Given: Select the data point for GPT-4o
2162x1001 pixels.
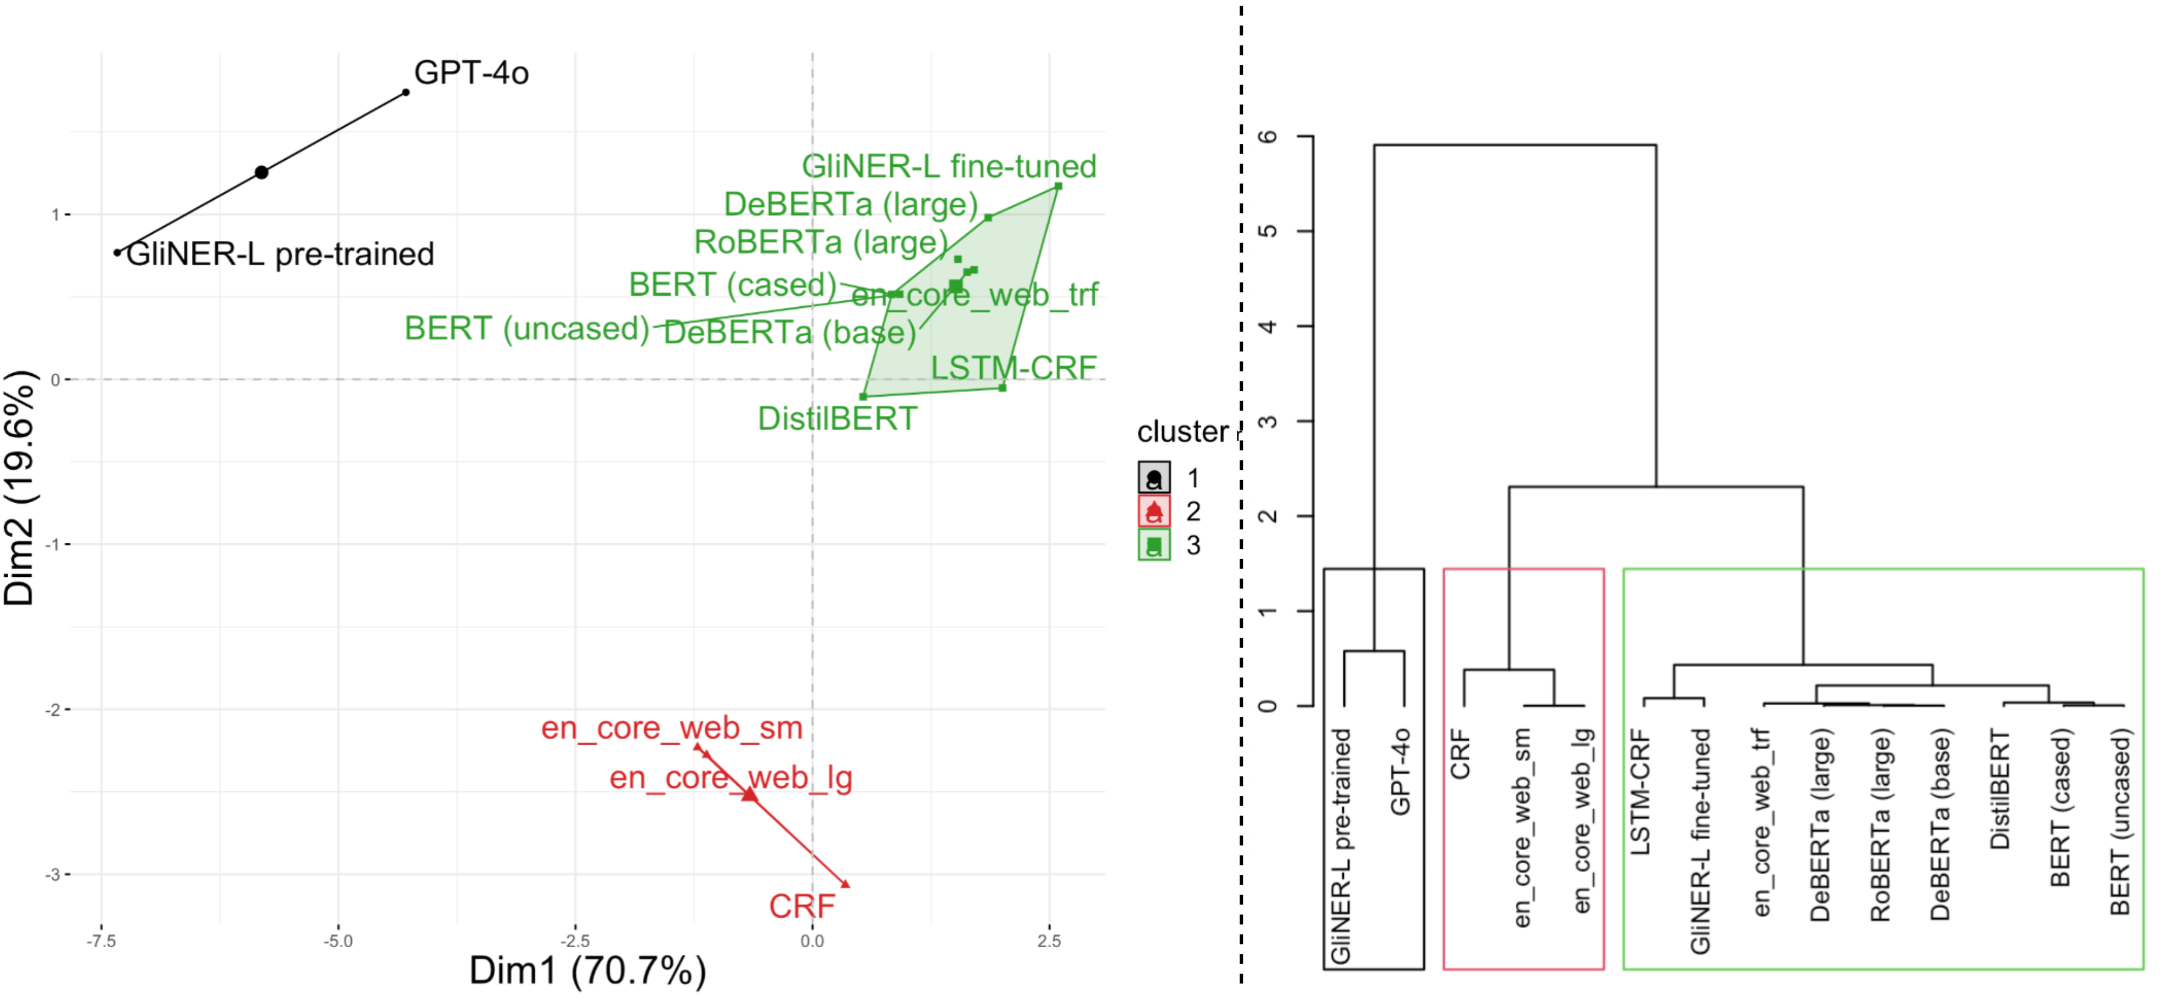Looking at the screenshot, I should [x=406, y=92].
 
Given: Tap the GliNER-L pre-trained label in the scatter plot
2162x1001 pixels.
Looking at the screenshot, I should [x=280, y=254].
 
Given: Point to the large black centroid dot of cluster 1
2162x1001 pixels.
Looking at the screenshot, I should [x=262, y=172].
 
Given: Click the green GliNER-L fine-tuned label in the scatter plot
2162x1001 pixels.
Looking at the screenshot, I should [x=948, y=166].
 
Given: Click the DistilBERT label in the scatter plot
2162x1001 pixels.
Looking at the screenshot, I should [x=837, y=418].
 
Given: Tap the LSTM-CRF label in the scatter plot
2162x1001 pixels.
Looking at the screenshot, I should [x=1013, y=367].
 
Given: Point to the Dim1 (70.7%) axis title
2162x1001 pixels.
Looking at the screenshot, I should [x=587, y=971].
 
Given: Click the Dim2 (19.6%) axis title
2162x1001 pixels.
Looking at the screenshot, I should [x=19, y=487].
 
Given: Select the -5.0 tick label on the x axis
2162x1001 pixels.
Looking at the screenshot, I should [x=338, y=941].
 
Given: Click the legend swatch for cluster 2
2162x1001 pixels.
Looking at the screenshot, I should [x=1154, y=511].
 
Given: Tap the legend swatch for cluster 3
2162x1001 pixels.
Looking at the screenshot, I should [x=1154, y=545].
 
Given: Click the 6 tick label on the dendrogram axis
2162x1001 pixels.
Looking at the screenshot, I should [x=1268, y=136].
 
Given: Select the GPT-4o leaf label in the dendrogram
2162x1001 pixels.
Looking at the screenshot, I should [x=1400, y=771].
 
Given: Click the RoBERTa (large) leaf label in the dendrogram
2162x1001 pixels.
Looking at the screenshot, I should [x=1880, y=825].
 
